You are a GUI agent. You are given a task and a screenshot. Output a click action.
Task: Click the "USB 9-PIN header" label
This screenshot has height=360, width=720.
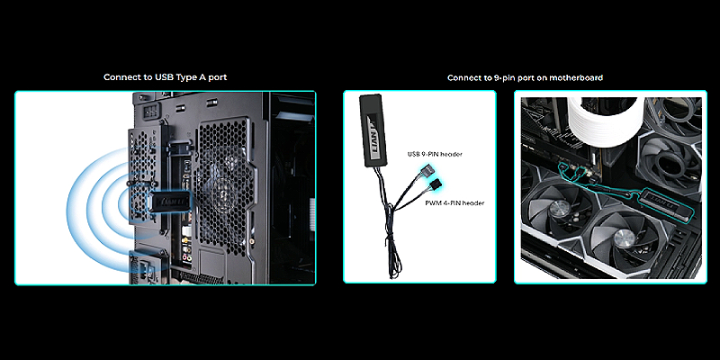point(435,154)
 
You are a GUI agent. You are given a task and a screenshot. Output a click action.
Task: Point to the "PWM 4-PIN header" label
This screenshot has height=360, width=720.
point(454,202)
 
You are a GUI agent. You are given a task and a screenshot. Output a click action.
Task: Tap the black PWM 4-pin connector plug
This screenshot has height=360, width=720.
point(434,186)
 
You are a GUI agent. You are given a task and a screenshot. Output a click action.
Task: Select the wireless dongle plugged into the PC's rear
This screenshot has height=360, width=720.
point(169,201)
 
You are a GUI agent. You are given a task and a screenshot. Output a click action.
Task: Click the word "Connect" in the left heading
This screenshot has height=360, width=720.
point(121,77)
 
